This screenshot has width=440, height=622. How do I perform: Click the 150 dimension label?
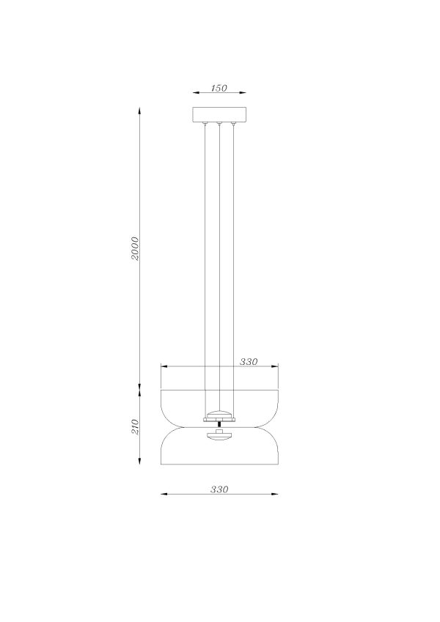click(219, 88)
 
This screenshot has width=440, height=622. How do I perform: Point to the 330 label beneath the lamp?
click(219, 489)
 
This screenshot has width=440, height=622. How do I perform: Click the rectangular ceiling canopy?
click(219, 115)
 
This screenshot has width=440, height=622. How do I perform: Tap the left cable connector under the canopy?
click(205, 125)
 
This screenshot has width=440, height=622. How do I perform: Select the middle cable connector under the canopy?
click(219, 125)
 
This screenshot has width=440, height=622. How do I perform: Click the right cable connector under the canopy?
click(233, 125)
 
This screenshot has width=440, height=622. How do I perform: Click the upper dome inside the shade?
click(219, 415)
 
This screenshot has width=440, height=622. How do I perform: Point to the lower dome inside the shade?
click(219, 437)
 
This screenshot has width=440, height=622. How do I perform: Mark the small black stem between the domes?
click(219, 426)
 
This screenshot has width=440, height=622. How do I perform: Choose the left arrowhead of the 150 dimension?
click(194, 93)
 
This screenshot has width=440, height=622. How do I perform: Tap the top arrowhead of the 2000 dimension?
click(139, 111)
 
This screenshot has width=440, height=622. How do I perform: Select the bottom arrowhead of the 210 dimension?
click(139, 462)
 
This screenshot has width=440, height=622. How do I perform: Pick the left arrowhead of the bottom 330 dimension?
click(164, 495)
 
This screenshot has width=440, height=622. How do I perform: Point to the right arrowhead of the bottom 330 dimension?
click(275, 495)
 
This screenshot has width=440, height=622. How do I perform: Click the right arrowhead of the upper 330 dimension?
click(276, 367)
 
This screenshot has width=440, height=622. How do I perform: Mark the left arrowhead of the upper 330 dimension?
click(163, 367)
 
